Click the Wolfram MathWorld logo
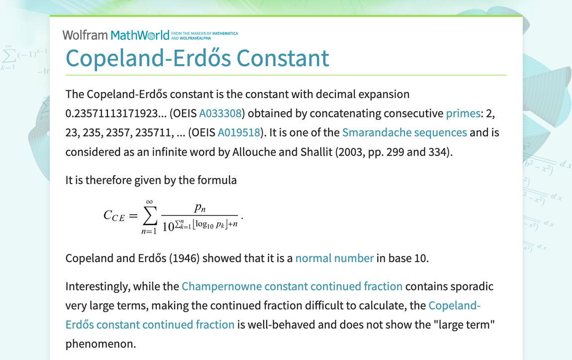115,35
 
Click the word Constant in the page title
283,58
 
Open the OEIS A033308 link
220,113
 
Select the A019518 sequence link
239,133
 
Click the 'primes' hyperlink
463,113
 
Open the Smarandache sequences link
404,133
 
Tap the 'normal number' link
334,258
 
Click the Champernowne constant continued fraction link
292,286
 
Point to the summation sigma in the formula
149,215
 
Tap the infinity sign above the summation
148,201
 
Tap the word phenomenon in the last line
100,344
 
